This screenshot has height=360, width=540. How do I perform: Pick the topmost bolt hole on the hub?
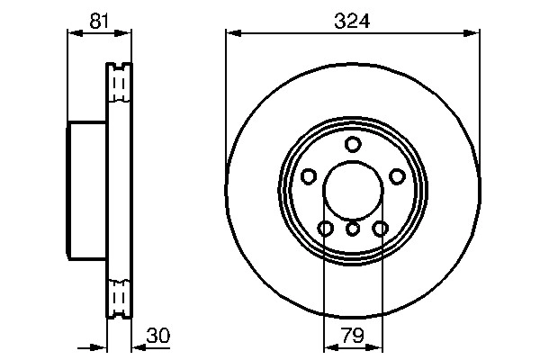[x=353, y=145]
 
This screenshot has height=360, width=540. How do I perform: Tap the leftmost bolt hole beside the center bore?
[x=310, y=176]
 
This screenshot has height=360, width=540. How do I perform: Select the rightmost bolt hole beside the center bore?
[x=396, y=176]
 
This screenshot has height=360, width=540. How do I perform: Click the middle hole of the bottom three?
[x=353, y=229]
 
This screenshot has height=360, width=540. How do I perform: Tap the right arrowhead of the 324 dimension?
[x=472, y=33]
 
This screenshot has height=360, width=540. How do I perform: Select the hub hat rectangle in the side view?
[x=87, y=190]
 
